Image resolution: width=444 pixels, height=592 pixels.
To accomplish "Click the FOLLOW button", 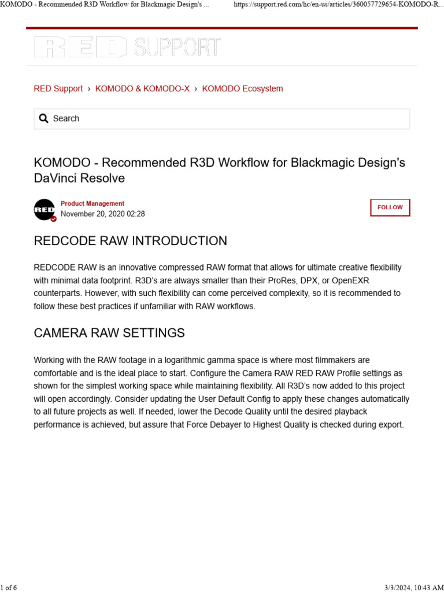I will pos(390,208).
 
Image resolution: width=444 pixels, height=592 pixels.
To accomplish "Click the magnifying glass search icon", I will pos(43,119).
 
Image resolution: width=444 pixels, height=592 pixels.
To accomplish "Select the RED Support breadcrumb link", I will pos(58,88).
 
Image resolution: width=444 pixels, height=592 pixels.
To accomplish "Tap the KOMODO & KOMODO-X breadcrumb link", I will pos(142,88).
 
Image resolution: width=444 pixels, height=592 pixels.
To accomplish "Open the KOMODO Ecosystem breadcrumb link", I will pos(242,88).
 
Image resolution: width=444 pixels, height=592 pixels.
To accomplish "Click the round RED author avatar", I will pos(45,209).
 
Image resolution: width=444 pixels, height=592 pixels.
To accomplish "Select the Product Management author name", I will pos(92,203).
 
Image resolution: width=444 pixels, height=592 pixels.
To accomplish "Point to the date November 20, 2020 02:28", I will pos(103,214).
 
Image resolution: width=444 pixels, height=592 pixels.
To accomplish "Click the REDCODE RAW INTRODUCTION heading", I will pos(131,241).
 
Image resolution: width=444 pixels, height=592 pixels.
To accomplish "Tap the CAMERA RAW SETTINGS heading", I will pos(109,333).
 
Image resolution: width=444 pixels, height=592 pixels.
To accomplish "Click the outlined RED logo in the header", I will pos(80,47).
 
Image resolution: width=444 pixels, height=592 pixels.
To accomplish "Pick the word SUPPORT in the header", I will pos(177,47).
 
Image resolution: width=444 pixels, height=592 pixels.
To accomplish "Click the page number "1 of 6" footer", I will pos(9,587).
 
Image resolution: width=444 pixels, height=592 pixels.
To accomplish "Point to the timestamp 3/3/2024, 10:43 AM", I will pos(413,587).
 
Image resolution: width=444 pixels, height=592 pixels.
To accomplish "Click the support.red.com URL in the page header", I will pos(338,5).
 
